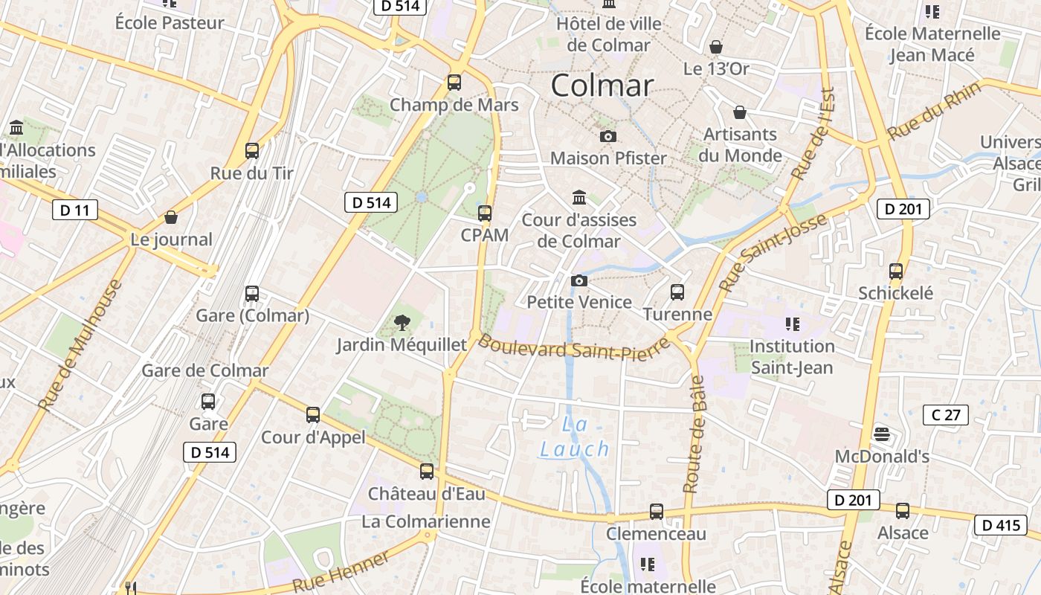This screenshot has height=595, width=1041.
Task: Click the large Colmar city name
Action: coord(602,86)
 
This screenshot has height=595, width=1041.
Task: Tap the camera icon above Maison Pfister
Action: coord(607,137)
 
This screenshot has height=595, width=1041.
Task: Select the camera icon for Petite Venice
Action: coord(578,281)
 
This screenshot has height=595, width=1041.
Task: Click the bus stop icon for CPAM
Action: coord(485,213)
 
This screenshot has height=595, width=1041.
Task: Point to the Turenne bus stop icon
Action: coord(677,292)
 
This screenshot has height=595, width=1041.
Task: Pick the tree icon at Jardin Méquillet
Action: coord(402,323)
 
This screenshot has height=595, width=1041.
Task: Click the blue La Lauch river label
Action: coord(575,437)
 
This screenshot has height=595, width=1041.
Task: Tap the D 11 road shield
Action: coord(75,210)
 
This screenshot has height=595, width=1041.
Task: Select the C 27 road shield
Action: coord(945,414)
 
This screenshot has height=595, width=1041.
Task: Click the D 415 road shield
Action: coord(1001,525)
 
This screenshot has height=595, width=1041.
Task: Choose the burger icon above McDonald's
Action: coord(882,434)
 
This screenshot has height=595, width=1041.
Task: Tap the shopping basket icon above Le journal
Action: coord(171,218)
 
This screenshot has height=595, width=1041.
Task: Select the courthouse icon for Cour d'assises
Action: coord(578,198)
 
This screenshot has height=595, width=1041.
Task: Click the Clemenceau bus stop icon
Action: coord(656,512)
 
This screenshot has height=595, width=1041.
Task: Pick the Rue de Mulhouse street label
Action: coord(80,347)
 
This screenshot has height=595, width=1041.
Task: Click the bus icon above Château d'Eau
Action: coord(426,472)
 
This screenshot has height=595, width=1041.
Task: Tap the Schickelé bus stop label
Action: coord(895,293)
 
